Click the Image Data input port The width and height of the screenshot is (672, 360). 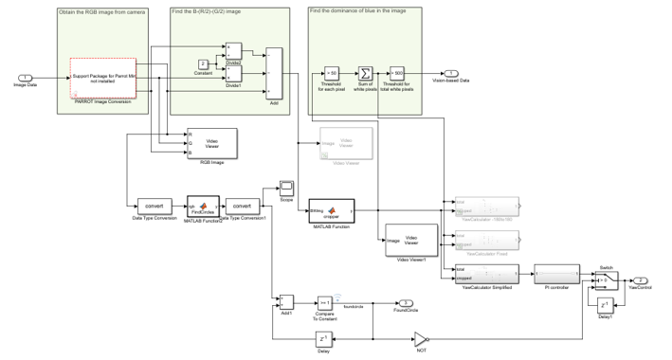(x=25, y=77)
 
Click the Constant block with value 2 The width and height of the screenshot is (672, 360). (x=203, y=63)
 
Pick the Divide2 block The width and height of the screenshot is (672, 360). (x=234, y=49)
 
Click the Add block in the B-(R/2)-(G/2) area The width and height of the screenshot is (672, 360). (x=274, y=72)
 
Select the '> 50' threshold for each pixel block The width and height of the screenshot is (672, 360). (x=332, y=72)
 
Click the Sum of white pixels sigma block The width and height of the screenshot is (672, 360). (x=365, y=72)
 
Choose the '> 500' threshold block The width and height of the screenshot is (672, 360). (x=397, y=72)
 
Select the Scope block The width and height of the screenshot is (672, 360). (x=285, y=186)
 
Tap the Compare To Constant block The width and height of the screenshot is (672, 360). (x=322, y=301)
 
